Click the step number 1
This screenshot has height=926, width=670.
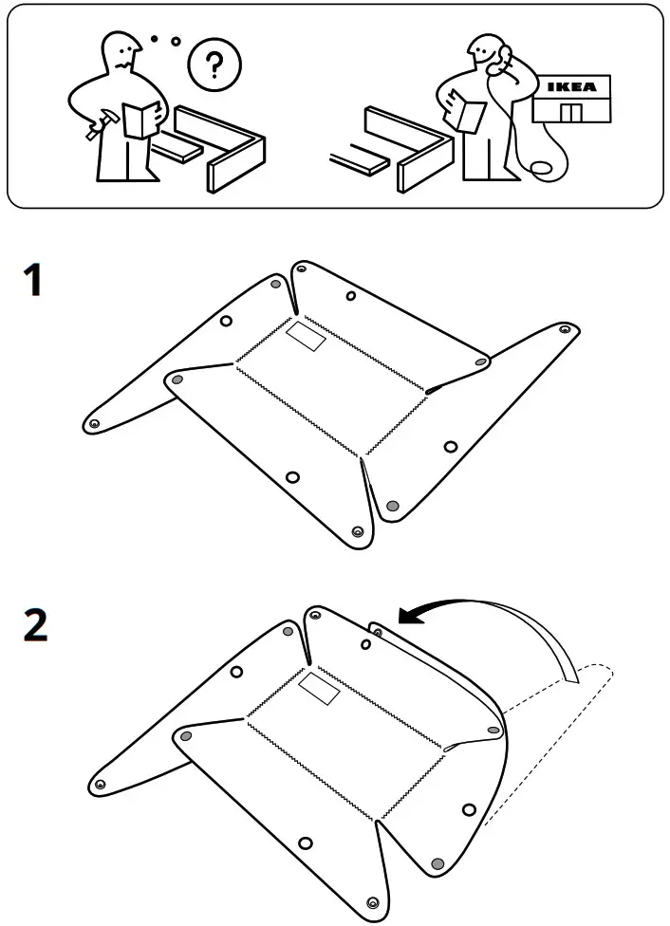[33, 282]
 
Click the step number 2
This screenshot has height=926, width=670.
[34, 625]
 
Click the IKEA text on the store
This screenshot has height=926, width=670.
[572, 87]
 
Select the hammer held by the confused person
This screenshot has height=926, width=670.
[100, 124]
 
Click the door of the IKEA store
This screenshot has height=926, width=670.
[570, 113]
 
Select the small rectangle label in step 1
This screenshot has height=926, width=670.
[306, 337]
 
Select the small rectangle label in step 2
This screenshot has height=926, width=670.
[319, 690]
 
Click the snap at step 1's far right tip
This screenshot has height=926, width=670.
[565, 329]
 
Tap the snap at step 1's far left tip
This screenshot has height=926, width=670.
[94, 423]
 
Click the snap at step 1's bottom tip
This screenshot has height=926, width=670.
[357, 532]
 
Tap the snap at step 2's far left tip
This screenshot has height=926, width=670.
[99, 784]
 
